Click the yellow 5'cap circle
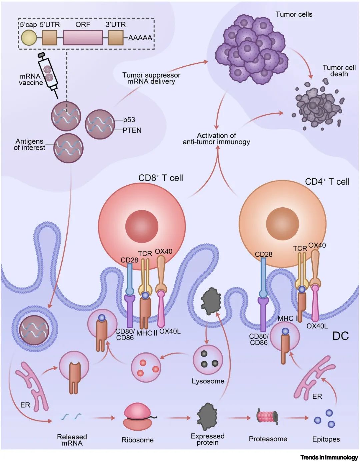(x=29, y=37)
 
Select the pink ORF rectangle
(x=83, y=37)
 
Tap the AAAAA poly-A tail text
(x=140, y=38)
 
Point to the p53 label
(x=129, y=120)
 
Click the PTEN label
(x=132, y=130)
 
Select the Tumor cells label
(x=294, y=14)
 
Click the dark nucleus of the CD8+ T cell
(x=141, y=226)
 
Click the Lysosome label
(x=208, y=381)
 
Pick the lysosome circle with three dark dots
(x=208, y=360)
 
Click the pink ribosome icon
(x=138, y=416)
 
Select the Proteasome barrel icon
(x=267, y=417)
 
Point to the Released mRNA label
(x=72, y=440)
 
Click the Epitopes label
(x=326, y=439)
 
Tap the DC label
(x=340, y=336)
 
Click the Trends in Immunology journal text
(x=329, y=457)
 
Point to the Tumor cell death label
(x=339, y=71)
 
